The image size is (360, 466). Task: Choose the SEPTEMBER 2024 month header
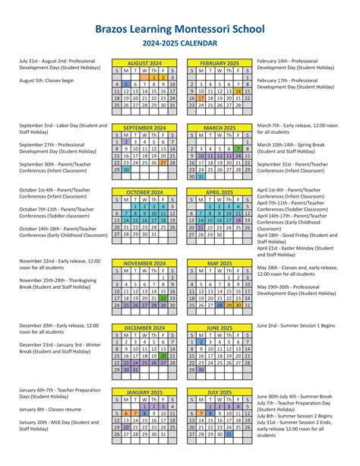(144, 128)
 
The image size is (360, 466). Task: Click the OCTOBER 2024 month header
(144, 192)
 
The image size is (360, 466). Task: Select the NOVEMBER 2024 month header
(144, 264)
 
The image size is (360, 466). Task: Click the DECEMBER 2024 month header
(144, 328)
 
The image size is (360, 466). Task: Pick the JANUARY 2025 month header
(144, 392)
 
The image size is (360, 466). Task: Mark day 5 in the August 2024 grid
(126, 84)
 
